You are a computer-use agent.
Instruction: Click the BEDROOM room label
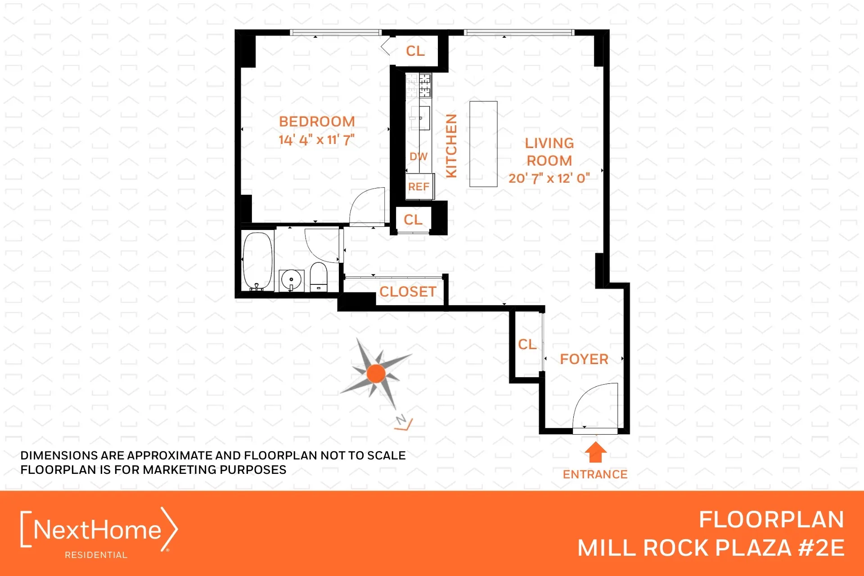[x=317, y=121]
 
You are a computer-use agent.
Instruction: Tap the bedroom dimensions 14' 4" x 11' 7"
[x=316, y=140]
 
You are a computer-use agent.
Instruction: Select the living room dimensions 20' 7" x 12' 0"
[x=549, y=178]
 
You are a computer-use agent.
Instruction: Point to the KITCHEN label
[x=451, y=145]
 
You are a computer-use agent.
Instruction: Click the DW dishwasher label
[x=418, y=157]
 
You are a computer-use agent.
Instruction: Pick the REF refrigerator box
[x=419, y=186]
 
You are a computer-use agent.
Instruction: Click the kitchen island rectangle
[x=483, y=144]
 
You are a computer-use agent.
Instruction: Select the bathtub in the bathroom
[x=258, y=261]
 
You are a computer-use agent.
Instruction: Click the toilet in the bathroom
[x=319, y=277]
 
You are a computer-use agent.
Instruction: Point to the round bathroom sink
[x=291, y=280]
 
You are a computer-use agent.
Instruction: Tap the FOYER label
[x=584, y=359]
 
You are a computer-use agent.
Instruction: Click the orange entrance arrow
[x=596, y=452]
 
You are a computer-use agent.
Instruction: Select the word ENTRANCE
[x=595, y=474]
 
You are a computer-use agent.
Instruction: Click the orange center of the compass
[x=376, y=373]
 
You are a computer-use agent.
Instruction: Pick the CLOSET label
[x=408, y=292]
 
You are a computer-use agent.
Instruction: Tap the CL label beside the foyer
[x=527, y=345]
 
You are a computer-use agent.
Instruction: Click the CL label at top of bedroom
[x=415, y=51]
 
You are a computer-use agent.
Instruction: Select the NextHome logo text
[x=97, y=530]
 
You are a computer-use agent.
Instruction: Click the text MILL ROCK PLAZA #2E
[x=711, y=548]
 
